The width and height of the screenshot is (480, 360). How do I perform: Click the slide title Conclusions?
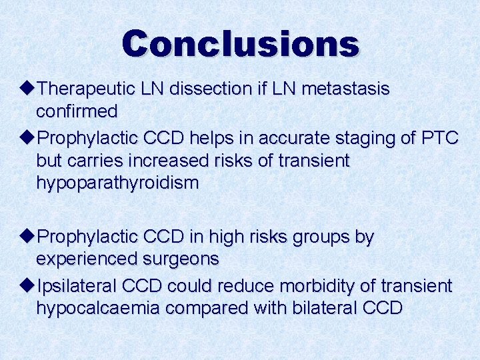240,43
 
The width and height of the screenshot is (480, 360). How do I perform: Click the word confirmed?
77,110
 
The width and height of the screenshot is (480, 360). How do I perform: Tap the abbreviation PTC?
440,138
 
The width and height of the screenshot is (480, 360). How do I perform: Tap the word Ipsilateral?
77,286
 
